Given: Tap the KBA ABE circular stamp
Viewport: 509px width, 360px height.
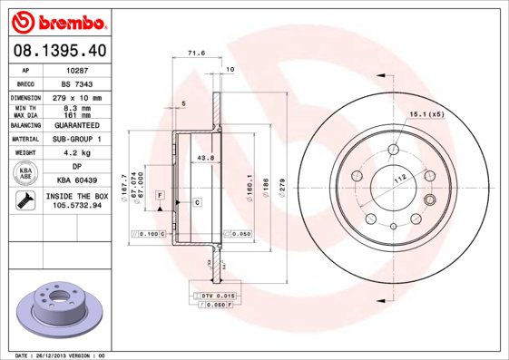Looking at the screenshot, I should [26, 173].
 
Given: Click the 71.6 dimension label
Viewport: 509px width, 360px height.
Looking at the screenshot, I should [191, 55].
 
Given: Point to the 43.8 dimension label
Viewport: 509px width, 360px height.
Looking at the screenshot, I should [204, 159].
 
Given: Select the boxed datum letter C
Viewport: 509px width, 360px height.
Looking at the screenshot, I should [197, 201].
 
